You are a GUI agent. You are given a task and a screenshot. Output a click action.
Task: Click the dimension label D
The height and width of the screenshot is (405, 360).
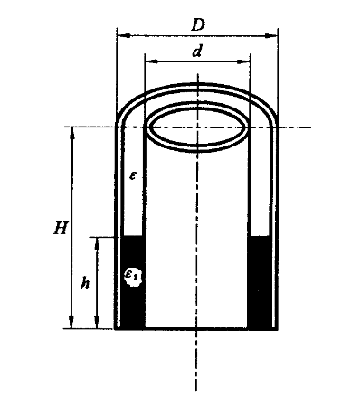click(x=198, y=25)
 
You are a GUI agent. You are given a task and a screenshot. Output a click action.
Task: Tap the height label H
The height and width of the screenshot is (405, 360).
click(x=62, y=228)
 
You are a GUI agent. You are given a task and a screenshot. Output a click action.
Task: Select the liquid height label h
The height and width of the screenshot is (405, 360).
click(x=85, y=283)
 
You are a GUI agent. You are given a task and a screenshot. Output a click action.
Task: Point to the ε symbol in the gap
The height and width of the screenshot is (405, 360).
click(x=133, y=175)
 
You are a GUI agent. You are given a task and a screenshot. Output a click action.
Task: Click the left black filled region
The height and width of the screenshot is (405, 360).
click(x=133, y=282)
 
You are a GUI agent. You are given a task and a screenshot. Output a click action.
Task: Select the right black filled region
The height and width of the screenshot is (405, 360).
click(x=259, y=282)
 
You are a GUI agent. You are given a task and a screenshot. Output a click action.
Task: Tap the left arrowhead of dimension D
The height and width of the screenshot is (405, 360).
click(x=123, y=35)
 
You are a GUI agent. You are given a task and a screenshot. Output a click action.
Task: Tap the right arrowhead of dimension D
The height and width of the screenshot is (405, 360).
click(x=271, y=36)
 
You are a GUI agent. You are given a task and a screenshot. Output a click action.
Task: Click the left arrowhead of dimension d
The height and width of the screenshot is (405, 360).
click(x=151, y=61)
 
